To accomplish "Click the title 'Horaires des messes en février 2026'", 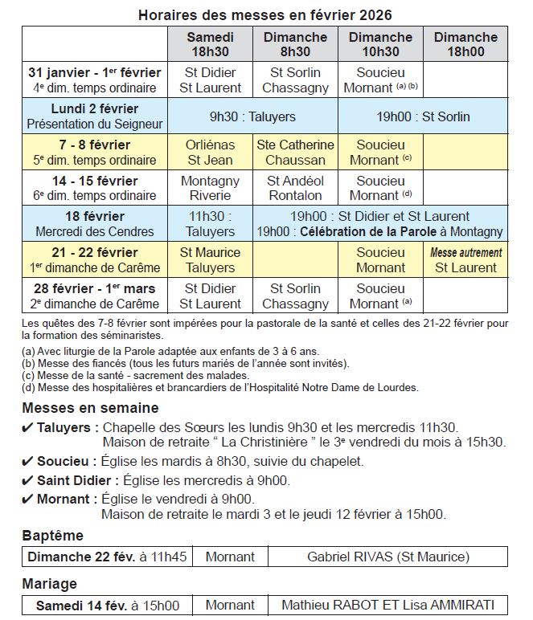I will click(x=265, y=15).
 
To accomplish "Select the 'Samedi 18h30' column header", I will click(x=210, y=44).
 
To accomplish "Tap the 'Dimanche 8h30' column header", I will click(x=296, y=44).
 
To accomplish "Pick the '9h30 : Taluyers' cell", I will click(x=252, y=116).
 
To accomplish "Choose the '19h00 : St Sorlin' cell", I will click(x=423, y=116).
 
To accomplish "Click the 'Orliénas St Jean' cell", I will click(x=210, y=152).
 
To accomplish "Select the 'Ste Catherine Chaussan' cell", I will click(x=296, y=152).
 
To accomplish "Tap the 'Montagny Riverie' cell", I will click(x=210, y=188).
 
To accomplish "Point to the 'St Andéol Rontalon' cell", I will click(x=296, y=188).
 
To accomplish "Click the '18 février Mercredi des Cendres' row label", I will click(x=95, y=224).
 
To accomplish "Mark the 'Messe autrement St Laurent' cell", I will click(x=465, y=260).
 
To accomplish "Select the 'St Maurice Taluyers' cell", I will click(x=210, y=260).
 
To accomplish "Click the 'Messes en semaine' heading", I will click(x=90, y=408).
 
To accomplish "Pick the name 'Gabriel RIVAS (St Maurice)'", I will click(x=388, y=556).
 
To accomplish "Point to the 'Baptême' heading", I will click(x=52, y=536).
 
